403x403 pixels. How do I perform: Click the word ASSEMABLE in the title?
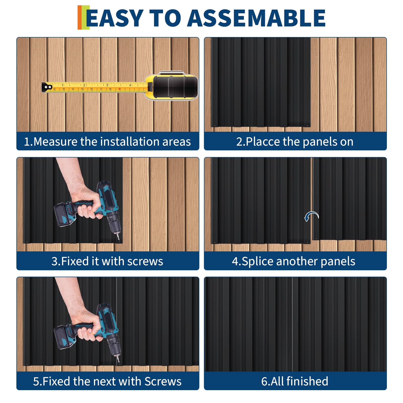click(256, 18)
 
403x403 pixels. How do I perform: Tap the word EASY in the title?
click(115, 18)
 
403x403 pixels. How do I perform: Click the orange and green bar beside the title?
click(83, 17)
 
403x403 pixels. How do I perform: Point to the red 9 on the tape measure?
click(119, 89)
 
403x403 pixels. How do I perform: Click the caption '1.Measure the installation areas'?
click(107, 142)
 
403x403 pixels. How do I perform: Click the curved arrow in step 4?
click(312, 214)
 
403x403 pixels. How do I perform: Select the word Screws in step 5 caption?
click(163, 381)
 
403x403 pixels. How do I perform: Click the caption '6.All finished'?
click(295, 381)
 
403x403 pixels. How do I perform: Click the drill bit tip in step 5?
click(118, 363)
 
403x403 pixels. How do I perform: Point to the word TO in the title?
click(165, 18)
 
